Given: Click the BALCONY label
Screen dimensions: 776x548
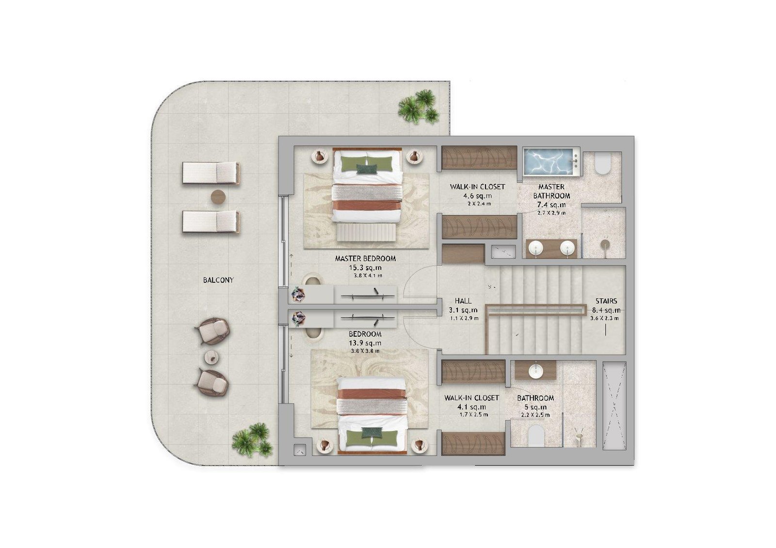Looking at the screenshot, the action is click(x=218, y=280).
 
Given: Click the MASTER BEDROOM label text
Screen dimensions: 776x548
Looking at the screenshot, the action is click(x=365, y=258).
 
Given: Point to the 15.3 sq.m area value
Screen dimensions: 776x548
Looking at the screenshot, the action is click(x=365, y=267).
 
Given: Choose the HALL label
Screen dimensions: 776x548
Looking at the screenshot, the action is click(x=463, y=301).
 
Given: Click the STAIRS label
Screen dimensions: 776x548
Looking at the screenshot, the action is click(x=606, y=301).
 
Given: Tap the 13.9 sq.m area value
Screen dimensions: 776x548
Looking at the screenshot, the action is click(x=365, y=343).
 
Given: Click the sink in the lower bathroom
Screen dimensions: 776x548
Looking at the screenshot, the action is click(x=536, y=370).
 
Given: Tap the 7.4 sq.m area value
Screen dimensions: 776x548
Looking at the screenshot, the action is click(x=551, y=204).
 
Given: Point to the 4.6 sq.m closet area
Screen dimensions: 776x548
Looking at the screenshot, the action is click(x=477, y=196).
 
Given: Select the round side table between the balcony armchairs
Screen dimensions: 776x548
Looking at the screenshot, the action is click(x=211, y=357).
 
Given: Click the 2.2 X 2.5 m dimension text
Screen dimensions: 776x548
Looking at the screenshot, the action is click(x=535, y=415).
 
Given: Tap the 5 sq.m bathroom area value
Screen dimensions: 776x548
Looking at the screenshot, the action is click(x=535, y=407).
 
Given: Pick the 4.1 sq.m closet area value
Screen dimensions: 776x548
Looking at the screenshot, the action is click(x=471, y=407).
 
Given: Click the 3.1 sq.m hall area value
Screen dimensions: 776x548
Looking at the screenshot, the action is click(x=463, y=310).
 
